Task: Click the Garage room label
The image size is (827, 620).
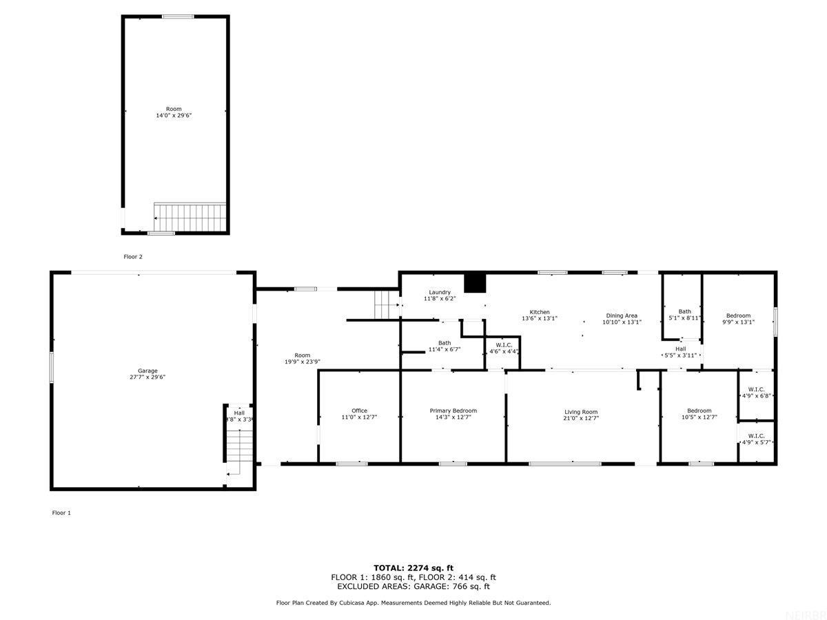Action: pos(147,371)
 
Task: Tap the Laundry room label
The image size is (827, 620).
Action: pos(439,292)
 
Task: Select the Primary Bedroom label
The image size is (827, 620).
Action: pos(453,411)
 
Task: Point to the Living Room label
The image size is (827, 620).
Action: pos(580,412)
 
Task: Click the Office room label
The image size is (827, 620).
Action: pos(359,411)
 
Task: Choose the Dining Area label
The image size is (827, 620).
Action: pos(622,316)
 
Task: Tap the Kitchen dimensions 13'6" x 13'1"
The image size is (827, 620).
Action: pos(539,318)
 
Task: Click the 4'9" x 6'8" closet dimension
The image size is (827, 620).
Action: pos(756,395)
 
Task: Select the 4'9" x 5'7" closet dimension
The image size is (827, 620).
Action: pos(756,442)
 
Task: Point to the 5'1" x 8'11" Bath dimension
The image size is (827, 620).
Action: pos(684,318)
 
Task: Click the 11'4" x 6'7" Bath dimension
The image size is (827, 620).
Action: pos(445,349)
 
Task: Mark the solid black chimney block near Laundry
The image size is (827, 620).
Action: pos(475,282)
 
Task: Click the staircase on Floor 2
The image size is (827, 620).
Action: pos(190,217)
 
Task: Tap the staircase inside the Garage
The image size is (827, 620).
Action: pos(239,446)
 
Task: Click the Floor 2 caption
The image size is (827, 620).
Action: pos(133,257)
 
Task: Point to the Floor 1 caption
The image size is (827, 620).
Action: pos(61,513)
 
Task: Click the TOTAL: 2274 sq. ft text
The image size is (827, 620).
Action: pos(413,568)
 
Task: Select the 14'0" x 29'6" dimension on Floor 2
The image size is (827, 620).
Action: pos(174,116)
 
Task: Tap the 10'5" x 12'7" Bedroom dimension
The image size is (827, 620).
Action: pos(699,417)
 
